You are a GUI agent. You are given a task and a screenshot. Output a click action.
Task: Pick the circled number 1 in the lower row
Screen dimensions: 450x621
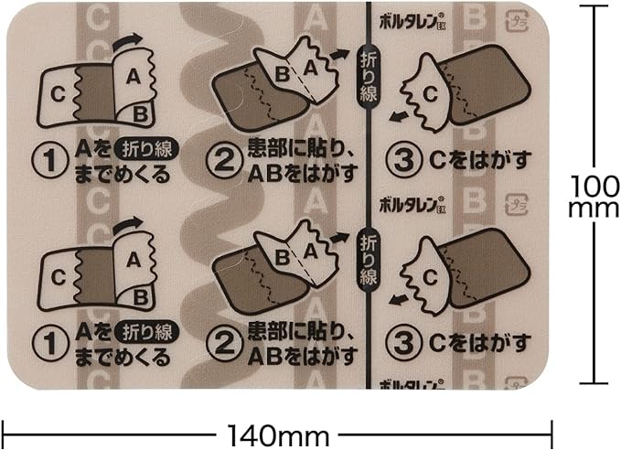tap(47, 342)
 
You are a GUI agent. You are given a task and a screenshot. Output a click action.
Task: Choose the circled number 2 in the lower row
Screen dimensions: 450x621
tap(224, 342)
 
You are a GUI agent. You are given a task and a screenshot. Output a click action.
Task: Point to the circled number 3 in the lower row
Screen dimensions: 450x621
tap(402, 342)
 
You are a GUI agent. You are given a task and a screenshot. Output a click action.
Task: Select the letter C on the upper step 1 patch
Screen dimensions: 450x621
tap(57, 92)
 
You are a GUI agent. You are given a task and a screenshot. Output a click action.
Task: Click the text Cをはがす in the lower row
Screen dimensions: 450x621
tap(479, 344)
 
